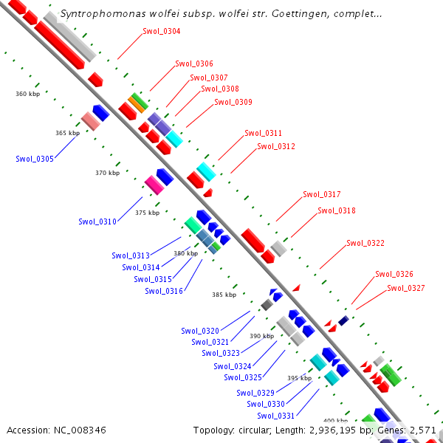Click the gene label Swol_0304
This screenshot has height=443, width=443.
pos(161,31)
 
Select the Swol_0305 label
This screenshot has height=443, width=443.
pos(35,159)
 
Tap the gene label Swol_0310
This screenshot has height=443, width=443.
pos(97,221)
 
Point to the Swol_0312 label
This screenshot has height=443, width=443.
pos(276,146)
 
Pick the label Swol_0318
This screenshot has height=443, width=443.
pos(337,210)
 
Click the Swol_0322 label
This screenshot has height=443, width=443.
pos(365,243)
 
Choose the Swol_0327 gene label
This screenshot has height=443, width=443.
pos(406,288)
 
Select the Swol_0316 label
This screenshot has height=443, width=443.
pos(164,291)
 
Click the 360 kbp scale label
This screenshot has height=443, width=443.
pos(27,94)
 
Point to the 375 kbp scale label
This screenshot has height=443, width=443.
pos(147,213)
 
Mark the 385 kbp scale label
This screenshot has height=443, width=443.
pos(224,295)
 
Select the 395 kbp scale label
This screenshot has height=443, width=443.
pos(299,378)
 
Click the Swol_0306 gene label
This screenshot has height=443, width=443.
pos(194,63)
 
